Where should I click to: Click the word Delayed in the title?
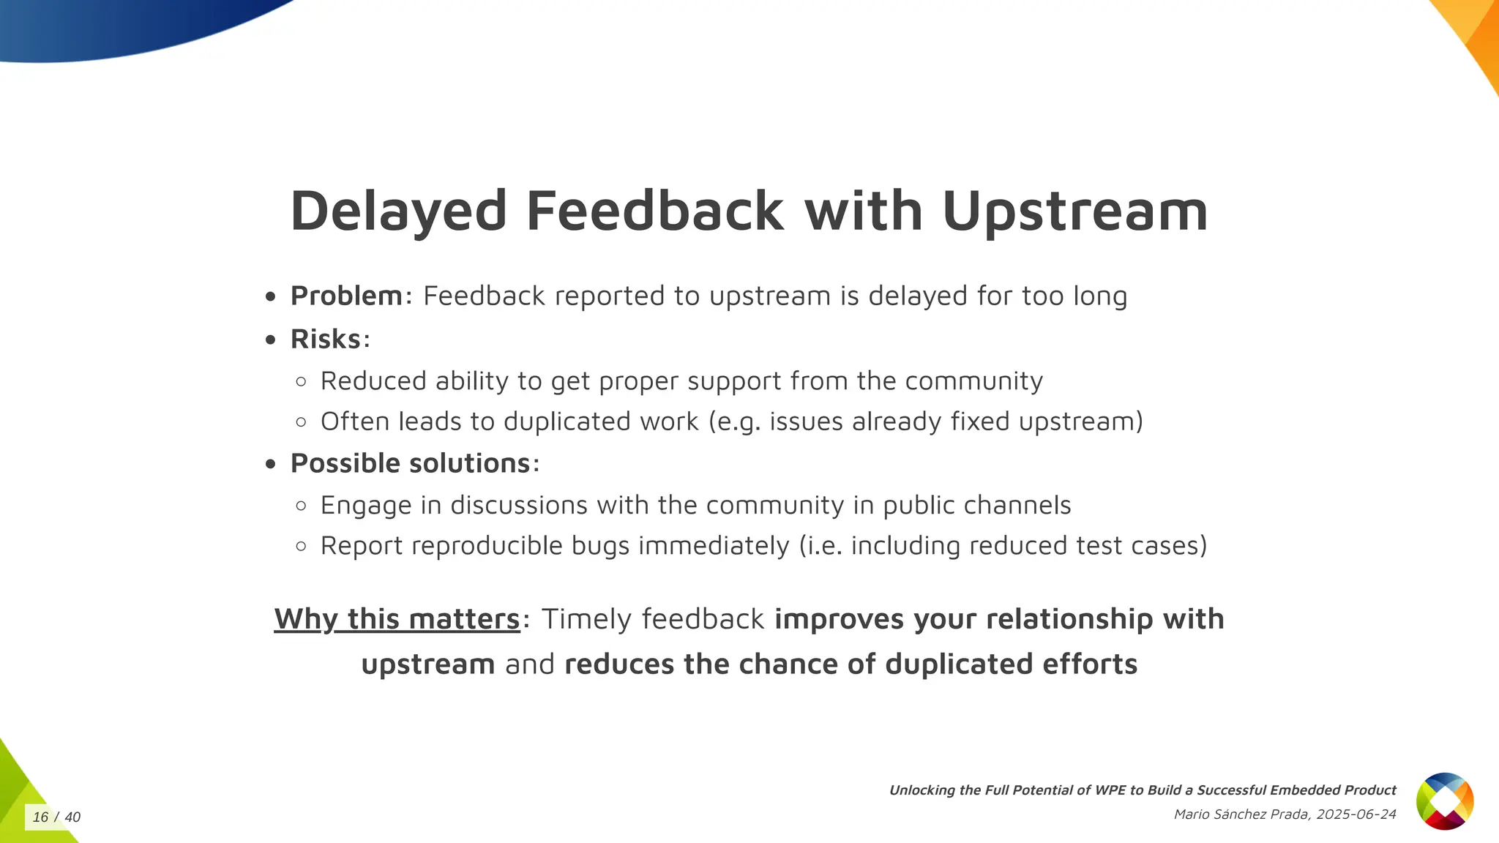[398, 211]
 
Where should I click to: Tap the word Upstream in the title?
[1074, 211]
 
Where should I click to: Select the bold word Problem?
[346, 296]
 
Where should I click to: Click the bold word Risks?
[326, 340]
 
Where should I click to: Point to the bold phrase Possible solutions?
[410, 463]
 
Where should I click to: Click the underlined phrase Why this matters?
[397, 619]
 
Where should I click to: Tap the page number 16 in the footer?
[40, 817]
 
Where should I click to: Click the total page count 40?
[72, 817]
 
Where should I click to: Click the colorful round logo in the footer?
[1444, 801]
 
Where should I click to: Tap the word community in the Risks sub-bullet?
[973, 381]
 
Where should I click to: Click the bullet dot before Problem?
[271, 297]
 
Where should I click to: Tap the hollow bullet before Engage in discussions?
[301, 506]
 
